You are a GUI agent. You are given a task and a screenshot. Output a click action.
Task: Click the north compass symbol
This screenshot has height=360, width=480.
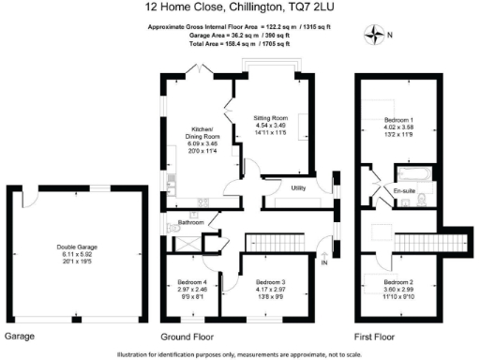(374, 36)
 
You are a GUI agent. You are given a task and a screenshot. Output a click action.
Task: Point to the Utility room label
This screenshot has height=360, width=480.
(299, 188)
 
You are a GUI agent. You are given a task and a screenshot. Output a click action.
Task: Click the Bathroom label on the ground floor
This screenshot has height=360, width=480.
(191, 222)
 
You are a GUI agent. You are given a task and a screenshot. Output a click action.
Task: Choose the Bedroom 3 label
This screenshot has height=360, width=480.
(271, 280)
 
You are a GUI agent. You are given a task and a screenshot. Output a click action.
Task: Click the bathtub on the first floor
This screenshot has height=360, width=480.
(412, 174)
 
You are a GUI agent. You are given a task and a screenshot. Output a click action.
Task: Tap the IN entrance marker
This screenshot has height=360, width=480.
(324, 262)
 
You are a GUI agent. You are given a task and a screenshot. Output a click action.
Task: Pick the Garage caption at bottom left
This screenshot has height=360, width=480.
(20, 336)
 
